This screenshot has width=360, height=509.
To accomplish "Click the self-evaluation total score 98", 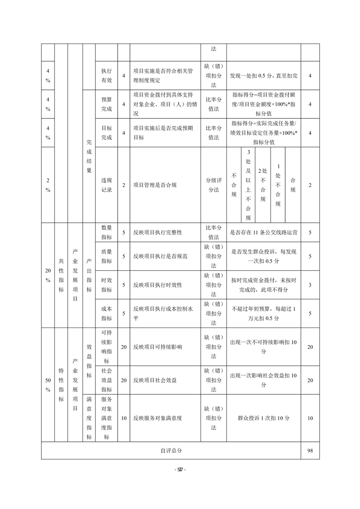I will (x=310, y=451).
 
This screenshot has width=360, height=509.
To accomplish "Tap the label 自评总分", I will (x=171, y=451).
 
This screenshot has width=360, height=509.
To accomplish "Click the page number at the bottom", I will (x=180, y=469).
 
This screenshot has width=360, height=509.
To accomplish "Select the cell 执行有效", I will (x=106, y=75).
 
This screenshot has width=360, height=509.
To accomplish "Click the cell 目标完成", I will (x=106, y=133).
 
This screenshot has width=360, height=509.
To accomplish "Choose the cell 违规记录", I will (x=106, y=185).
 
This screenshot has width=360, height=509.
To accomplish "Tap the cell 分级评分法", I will (x=213, y=185).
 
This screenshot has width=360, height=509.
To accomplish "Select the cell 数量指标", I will (x=106, y=232).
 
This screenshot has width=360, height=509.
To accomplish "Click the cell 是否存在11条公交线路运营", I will (x=263, y=232).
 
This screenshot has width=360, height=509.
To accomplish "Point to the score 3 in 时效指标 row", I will (x=310, y=285).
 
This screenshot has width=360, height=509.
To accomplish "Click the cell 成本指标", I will (x=106, y=313).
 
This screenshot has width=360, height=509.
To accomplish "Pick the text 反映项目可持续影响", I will (x=158, y=347).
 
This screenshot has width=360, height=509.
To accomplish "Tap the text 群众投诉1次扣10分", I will (x=263, y=418).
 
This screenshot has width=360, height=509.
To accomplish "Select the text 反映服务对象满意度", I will (x=158, y=418).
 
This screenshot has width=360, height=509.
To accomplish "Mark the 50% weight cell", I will (x=48, y=385).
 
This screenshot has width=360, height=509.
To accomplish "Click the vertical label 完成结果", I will (x=89, y=154).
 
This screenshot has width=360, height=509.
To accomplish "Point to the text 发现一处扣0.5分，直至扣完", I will (x=263, y=75).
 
